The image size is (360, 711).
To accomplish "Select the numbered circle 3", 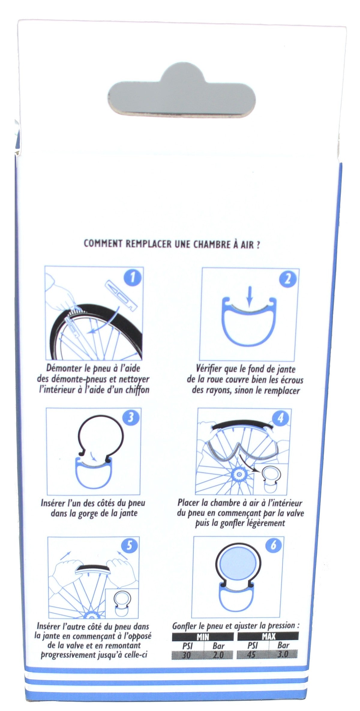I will pos(131,418).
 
